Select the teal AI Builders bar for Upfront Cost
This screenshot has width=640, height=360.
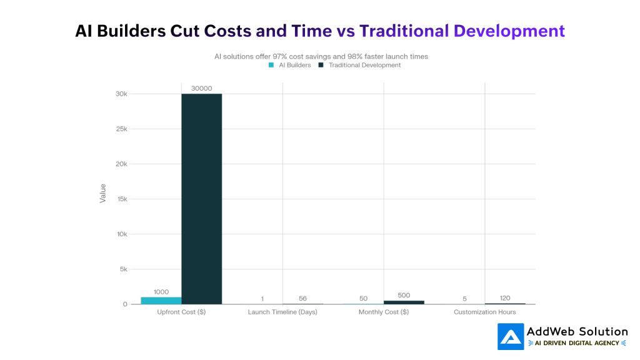click(x=161, y=301)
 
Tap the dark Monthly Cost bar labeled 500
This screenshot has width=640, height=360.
click(x=404, y=302)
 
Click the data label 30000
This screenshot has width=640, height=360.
click(x=201, y=88)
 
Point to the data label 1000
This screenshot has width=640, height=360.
click(x=161, y=291)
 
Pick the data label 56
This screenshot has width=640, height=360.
click(x=302, y=298)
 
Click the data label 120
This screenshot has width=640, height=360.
click(x=505, y=298)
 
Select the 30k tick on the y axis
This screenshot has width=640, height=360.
click(x=121, y=94)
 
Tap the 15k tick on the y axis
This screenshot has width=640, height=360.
click(x=121, y=199)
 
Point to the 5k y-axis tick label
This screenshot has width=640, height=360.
click(x=122, y=269)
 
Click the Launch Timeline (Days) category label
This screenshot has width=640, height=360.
click(x=282, y=312)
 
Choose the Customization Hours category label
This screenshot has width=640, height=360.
click(x=485, y=312)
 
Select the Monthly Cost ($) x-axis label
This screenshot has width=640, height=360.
click(x=384, y=312)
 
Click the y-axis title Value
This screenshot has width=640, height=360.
click(x=102, y=193)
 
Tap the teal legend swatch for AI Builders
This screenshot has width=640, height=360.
click(x=271, y=65)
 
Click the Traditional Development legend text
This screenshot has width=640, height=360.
click(x=364, y=65)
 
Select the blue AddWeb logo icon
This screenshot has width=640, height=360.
click(x=511, y=336)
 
